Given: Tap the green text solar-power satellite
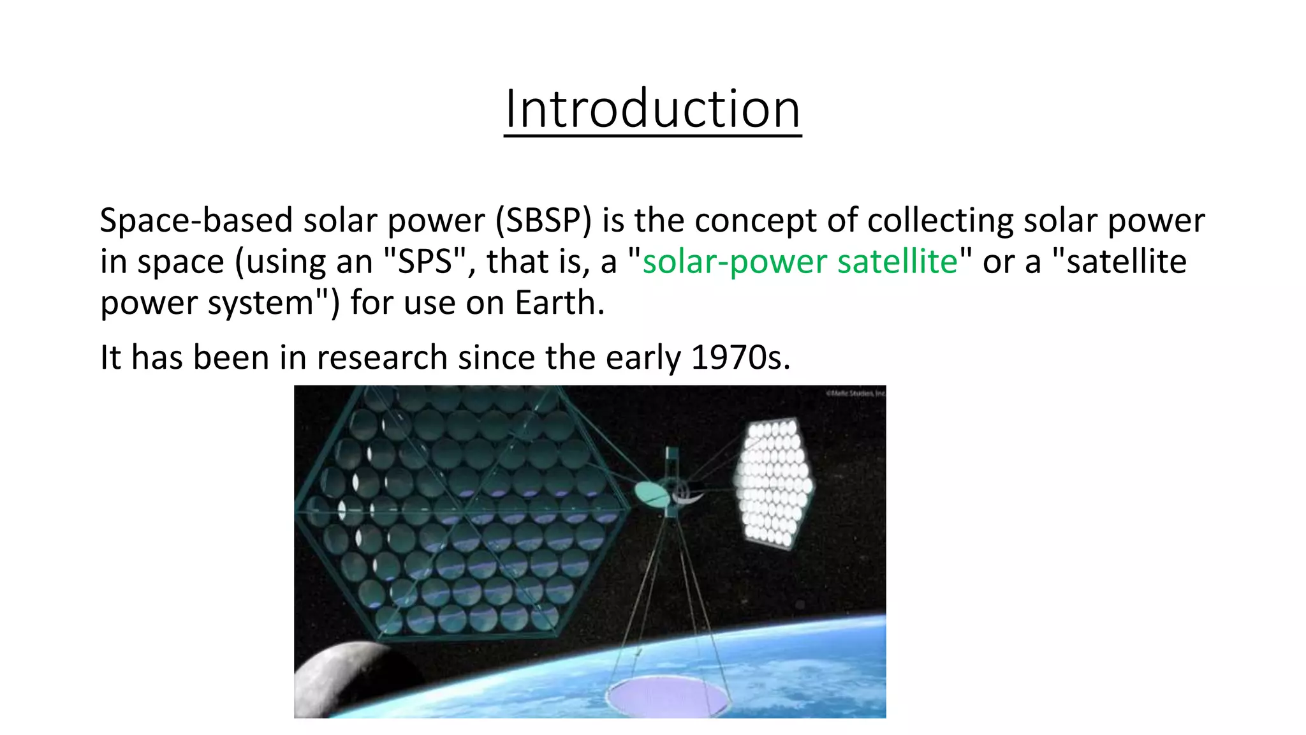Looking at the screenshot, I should click(x=800, y=262).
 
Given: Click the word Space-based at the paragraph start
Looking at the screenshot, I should click(x=195, y=220).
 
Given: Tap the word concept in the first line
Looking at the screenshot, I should click(x=755, y=220).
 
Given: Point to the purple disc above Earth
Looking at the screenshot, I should click(x=668, y=697).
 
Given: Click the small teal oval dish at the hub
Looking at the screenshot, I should click(x=652, y=494).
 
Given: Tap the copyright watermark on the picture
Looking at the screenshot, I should click(x=855, y=394).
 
